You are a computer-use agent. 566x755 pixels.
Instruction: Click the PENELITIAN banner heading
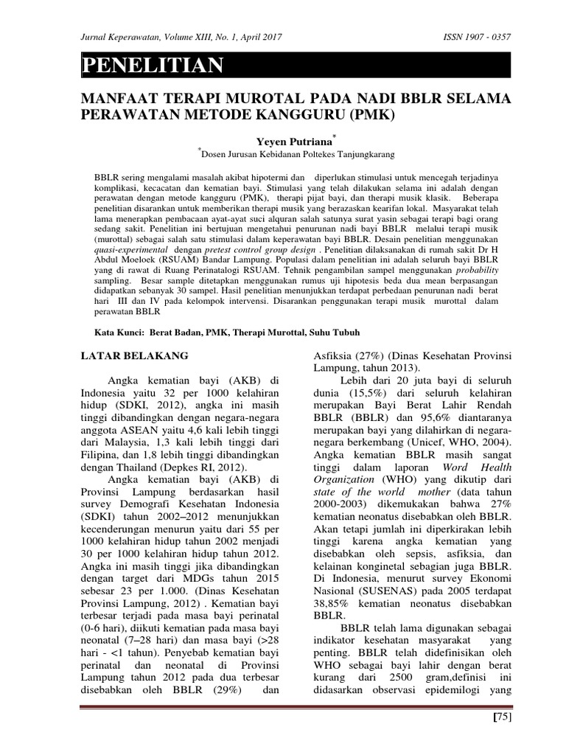point(153,66)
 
